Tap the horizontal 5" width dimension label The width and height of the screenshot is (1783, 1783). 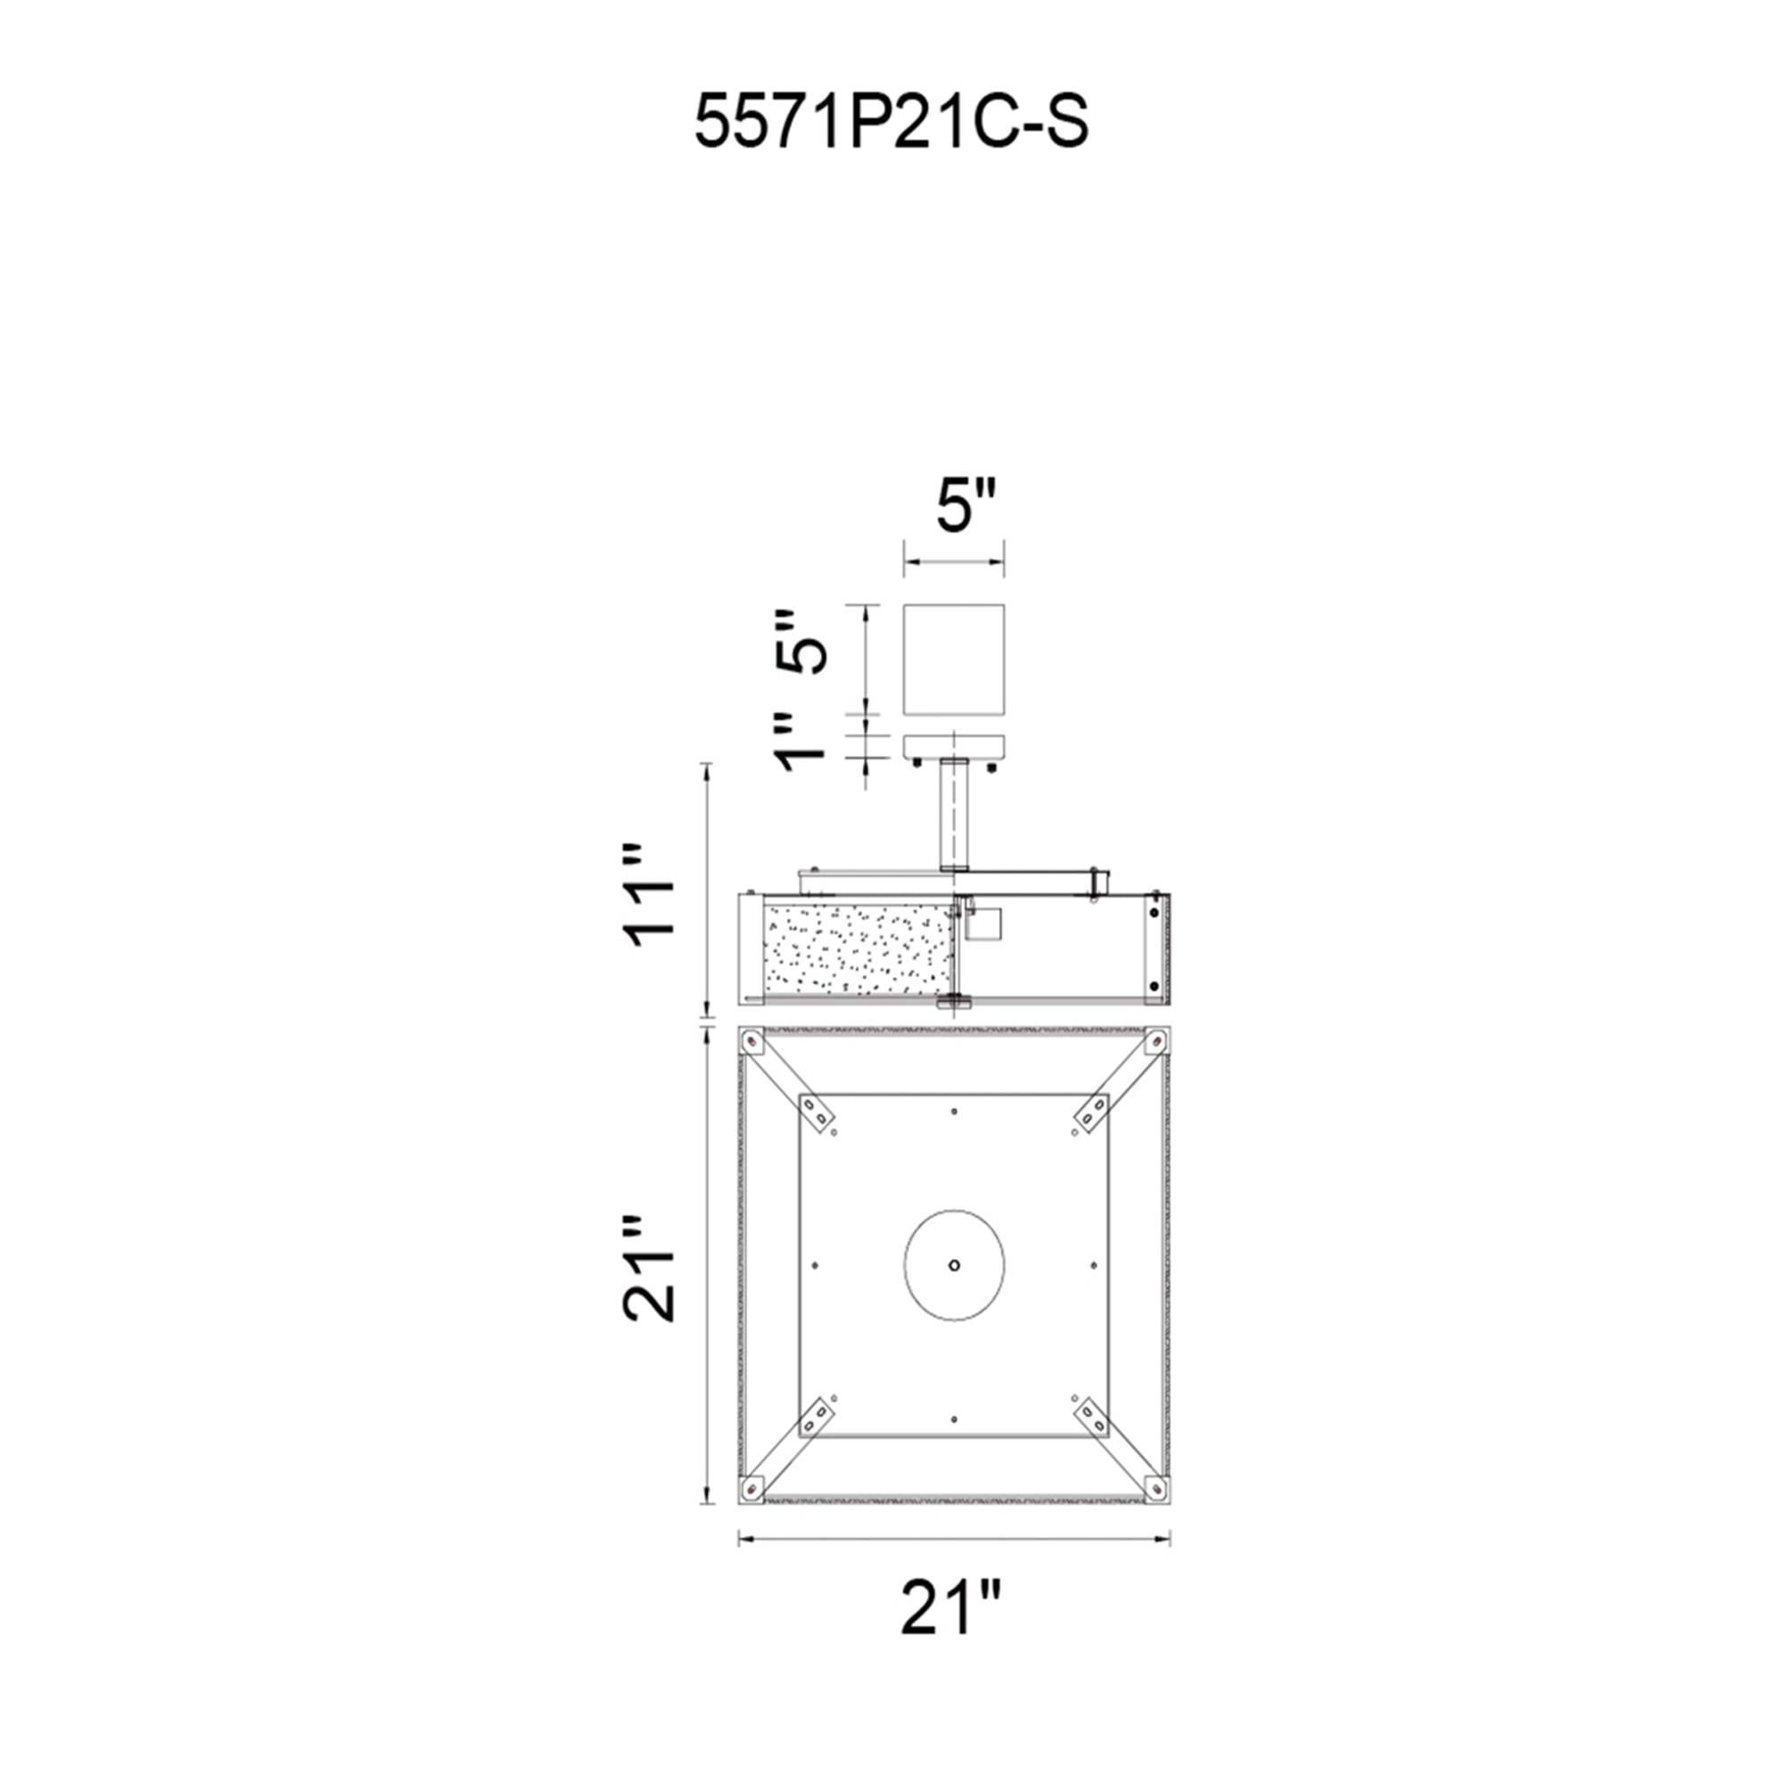966,506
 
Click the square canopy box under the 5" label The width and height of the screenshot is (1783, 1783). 953,659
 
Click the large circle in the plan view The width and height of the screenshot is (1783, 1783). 953,1265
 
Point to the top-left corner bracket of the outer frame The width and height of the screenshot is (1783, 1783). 753,1043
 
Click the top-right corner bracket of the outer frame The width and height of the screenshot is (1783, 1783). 1154,1043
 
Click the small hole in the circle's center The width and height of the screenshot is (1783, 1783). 953,1265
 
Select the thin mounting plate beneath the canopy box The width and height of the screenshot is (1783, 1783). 953,746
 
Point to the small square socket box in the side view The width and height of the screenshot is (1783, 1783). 982,924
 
